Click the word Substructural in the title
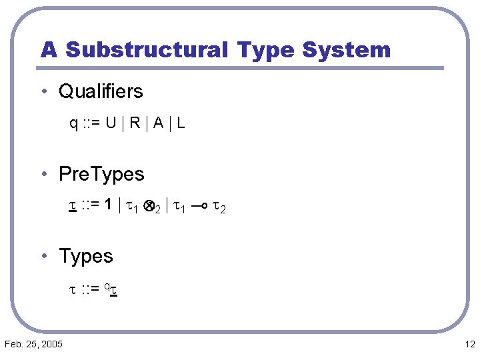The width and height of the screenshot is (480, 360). (147, 50)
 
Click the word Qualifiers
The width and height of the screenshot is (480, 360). (101, 91)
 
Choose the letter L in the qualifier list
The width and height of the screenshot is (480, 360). (181, 123)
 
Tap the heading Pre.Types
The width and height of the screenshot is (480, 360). (101, 174)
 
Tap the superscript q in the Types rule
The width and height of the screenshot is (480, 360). (115, 285)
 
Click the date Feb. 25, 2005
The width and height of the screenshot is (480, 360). (33, 344)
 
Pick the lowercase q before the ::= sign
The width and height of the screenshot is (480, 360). (73, 124)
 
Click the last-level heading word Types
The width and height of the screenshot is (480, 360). (86, 256)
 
